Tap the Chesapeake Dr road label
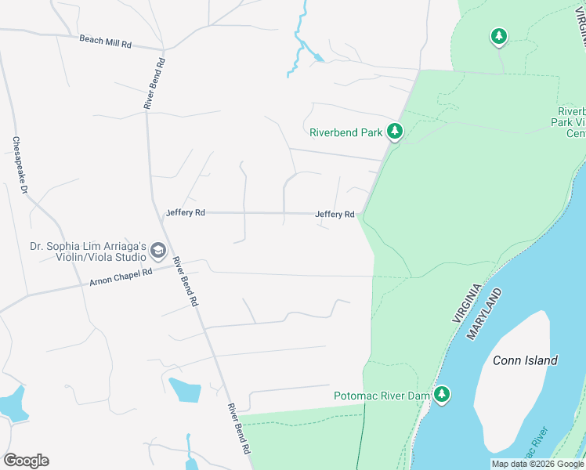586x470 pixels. pyautogui.click(x=20, y=165)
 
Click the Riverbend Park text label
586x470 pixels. pyautogui.click(x=345, y=132)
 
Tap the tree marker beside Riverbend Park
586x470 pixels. pyautogui.click(x=395, y=132)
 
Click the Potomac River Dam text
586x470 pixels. pyautogui.click(x=382, y=396)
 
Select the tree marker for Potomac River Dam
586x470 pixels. pyautogui.click(x=443, y=395)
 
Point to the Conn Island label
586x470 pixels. pyautogui.click(x=525, y=360)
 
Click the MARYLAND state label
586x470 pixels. pyautogui.click(x=484, y=313)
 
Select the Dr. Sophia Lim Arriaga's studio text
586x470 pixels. pyautogui.click(x=88, y=251)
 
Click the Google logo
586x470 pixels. pyautogui.click(x=26, y=461)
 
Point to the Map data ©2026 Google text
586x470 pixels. pyautogui.click(x=537, y=464)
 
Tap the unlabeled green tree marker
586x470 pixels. pyautogui.click(x=498, y=36)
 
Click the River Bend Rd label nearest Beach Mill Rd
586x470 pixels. pyautogui.click(x=153, y=83)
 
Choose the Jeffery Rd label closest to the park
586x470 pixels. pyautogui.click(x=335, y=214)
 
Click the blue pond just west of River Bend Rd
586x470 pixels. pyautogui.click(x=185, y=389)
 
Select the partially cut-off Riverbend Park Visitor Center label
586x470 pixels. pyautogui.click(x=570, y=122)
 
